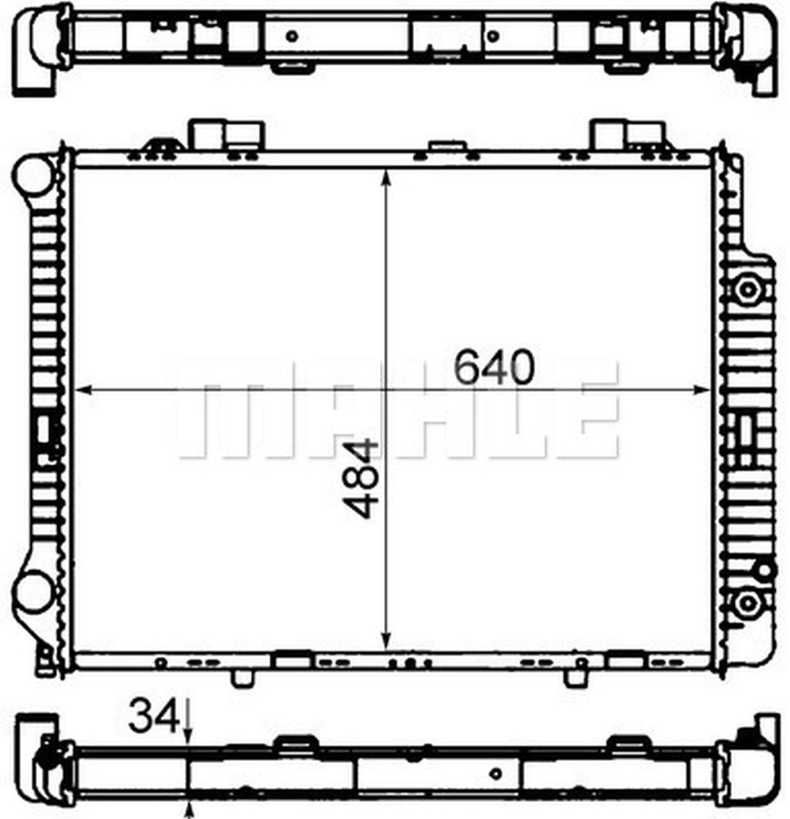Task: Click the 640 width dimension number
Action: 493,368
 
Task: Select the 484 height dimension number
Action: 360,478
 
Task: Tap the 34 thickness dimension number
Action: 152,717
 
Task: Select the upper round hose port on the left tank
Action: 33,175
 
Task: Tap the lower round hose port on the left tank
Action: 33,592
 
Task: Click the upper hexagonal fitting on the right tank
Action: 746,289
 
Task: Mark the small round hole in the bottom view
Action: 494,773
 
